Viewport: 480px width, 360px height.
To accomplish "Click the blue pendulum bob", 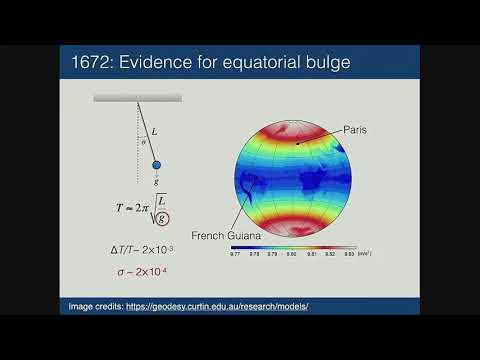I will click(x=156, y=164).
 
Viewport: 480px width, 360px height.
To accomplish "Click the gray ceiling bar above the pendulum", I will click(x=137, y=98).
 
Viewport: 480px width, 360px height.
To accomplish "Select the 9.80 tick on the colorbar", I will click(x=293, y=255).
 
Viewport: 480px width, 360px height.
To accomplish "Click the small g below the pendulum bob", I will click(x=157, y=181).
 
